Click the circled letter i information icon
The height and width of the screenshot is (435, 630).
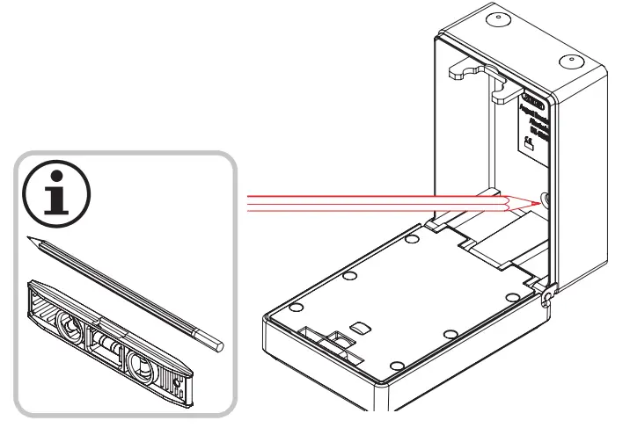[55, 196]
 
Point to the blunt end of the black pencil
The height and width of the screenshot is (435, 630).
[217, 344]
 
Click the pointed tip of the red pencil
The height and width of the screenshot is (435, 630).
[532, 202]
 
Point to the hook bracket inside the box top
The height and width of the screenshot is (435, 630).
[475, 73]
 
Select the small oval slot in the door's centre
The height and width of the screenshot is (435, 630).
[358, 325]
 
